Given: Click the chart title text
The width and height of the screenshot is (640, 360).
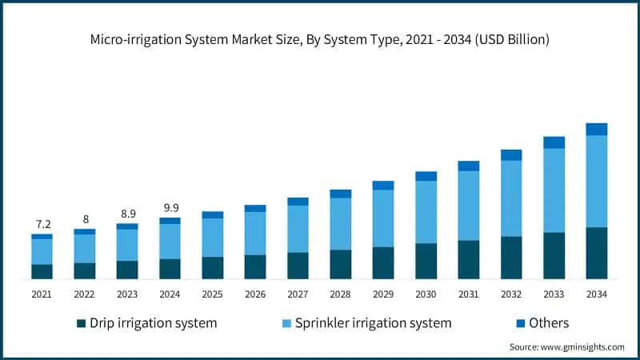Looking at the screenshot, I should pos(320,38).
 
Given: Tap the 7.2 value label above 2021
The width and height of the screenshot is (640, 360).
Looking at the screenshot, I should pos(42,223).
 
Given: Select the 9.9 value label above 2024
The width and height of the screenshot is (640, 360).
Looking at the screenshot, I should pos(170,207).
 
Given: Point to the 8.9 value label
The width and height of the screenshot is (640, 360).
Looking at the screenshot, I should pos(127,214).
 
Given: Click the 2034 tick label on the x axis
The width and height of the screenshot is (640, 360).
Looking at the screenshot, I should pos(597,294).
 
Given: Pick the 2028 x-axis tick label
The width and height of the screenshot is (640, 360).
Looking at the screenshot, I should pos(341,294).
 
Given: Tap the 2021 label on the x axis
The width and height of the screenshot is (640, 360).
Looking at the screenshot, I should pos(42,294).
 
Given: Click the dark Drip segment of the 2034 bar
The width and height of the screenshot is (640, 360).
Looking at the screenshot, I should pos(597,254).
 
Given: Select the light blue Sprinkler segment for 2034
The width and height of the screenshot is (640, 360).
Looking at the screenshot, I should pos(597,182).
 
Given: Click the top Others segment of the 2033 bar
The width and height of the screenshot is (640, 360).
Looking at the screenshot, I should pos(554,142).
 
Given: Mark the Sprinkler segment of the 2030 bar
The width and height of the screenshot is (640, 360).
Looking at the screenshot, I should pos(426,212).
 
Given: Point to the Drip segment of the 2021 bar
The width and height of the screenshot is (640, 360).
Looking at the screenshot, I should pos(42,272).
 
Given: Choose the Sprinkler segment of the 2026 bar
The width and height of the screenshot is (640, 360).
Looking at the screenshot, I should pos(255,234).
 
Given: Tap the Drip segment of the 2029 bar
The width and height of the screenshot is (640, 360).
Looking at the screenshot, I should pos(383,263).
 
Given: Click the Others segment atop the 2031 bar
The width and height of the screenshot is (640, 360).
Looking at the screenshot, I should pos(469,166).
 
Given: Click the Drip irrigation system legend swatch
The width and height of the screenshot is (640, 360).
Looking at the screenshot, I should pos(81,324).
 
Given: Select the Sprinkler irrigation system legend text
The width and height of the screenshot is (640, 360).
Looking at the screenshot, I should pos(373,323).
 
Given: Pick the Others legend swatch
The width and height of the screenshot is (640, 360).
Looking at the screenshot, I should pos(521,324).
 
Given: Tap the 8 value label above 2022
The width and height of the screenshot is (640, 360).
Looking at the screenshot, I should pos(85,219).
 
